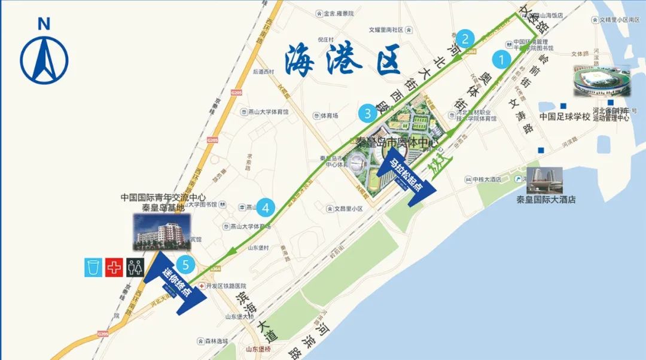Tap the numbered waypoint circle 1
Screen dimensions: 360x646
501,60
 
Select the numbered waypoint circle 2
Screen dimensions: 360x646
467,39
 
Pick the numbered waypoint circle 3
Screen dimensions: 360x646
367,112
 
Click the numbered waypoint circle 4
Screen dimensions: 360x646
266,208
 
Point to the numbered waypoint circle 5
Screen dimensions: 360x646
186,264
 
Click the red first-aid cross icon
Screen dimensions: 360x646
113,267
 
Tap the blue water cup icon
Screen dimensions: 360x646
93,267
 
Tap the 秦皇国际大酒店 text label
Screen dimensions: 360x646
546,200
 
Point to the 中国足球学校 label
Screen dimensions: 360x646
565,117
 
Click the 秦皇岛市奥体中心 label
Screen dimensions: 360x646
397,143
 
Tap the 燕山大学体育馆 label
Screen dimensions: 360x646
269,112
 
